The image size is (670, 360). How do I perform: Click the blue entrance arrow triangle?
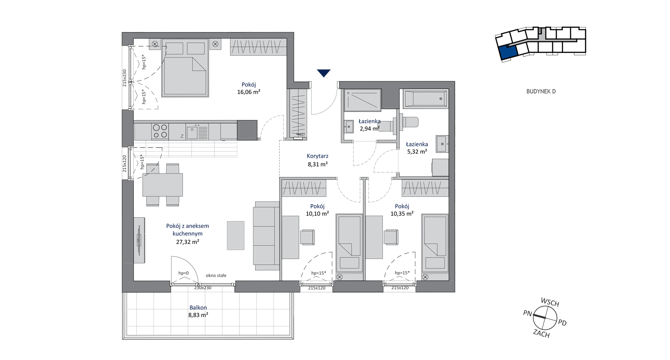tap(324, 73)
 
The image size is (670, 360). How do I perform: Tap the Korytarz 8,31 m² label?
tap(317, 160)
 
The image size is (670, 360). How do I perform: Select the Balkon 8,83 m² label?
tap(198, 311)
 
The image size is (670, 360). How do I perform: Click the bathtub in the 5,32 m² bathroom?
tap(425, 99)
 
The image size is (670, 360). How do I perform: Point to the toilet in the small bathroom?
tap(405, 122)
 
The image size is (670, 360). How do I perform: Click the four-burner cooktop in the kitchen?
tap(160, 131)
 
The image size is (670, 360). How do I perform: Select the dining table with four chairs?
tap(162, 185)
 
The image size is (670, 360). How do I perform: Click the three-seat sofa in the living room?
tap(266, 236)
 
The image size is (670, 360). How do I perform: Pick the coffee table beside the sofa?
tap(235, 235)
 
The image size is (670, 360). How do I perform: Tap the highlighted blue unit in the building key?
tap(508, 52)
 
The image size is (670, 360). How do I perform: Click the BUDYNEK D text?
tap(541, 91)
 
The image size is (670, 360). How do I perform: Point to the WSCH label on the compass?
tap(550, 302)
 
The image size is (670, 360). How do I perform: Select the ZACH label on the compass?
tap(541, 333)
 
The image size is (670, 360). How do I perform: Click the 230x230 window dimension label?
tap(203, 288)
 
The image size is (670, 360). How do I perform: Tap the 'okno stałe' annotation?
tap(216, 275)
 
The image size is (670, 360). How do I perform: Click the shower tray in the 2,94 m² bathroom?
tap(362, 100)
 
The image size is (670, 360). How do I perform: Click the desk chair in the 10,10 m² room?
tap(308, 237)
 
